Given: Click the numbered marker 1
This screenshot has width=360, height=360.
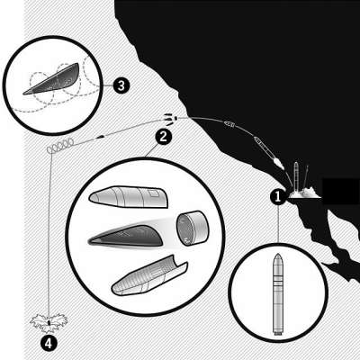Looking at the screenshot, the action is [278, 197].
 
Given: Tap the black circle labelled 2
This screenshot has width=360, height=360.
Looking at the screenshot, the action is [163, 137].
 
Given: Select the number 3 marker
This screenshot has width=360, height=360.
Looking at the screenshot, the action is [121, 86].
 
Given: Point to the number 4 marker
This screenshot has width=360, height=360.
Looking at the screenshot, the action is [49, 344].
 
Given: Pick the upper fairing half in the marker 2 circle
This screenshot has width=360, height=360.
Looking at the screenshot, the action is [129, 197].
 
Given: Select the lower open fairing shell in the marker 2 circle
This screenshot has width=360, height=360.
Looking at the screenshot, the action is [149, 276].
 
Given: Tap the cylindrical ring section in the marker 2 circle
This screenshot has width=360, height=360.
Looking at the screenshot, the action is [192, 228].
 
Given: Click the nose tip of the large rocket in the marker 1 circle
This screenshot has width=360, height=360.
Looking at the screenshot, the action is [278, 254].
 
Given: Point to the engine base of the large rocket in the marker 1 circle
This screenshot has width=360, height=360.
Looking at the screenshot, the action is [278, 332].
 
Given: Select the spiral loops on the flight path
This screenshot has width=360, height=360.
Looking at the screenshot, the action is [60, 145].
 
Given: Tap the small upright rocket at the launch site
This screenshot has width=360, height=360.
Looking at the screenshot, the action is [296, 176].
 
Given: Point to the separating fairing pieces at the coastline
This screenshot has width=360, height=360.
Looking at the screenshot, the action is [171, 119].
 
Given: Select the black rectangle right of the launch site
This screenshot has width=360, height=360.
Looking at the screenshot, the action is [341, 192].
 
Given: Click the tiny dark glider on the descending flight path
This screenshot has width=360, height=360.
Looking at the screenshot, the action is [101, 137].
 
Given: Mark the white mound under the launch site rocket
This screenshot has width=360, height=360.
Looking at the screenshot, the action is [303, 193].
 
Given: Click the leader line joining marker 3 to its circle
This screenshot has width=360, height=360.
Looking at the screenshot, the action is [108, 85].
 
